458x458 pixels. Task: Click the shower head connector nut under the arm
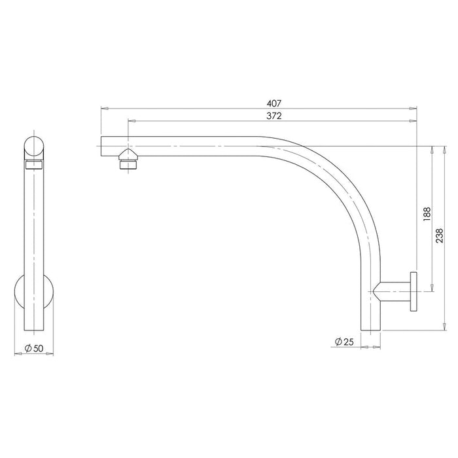(128, 160)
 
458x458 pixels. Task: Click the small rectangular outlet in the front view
(34, 166)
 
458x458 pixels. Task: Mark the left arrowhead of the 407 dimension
(103, 107)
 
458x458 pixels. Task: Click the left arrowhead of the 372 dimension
(132, 121)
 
